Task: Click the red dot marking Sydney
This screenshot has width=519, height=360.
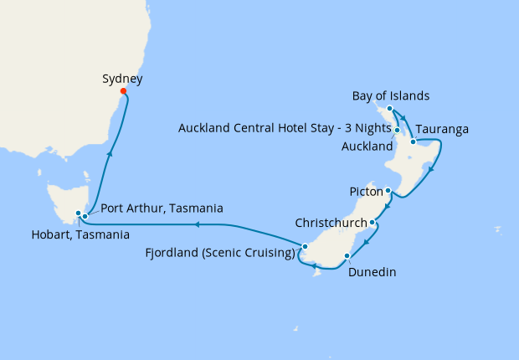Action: point(123,91)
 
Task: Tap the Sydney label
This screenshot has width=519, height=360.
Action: point(122,79)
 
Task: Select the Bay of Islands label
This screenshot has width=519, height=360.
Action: point(391,95)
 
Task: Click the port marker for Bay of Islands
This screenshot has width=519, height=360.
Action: point(390,109)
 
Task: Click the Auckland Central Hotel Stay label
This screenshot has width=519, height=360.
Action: point(285,128)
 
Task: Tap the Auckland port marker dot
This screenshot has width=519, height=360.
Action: point(398,131)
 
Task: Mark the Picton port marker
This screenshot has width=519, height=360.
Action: point(388,190)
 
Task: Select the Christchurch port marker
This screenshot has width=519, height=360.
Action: point(373,223)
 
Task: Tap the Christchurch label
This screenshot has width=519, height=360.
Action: point(331,224)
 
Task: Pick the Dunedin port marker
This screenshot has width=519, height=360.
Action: point(347,255)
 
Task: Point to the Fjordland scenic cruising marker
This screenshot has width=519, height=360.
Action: point(306,246)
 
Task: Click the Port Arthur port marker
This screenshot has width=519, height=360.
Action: point(85,217)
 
